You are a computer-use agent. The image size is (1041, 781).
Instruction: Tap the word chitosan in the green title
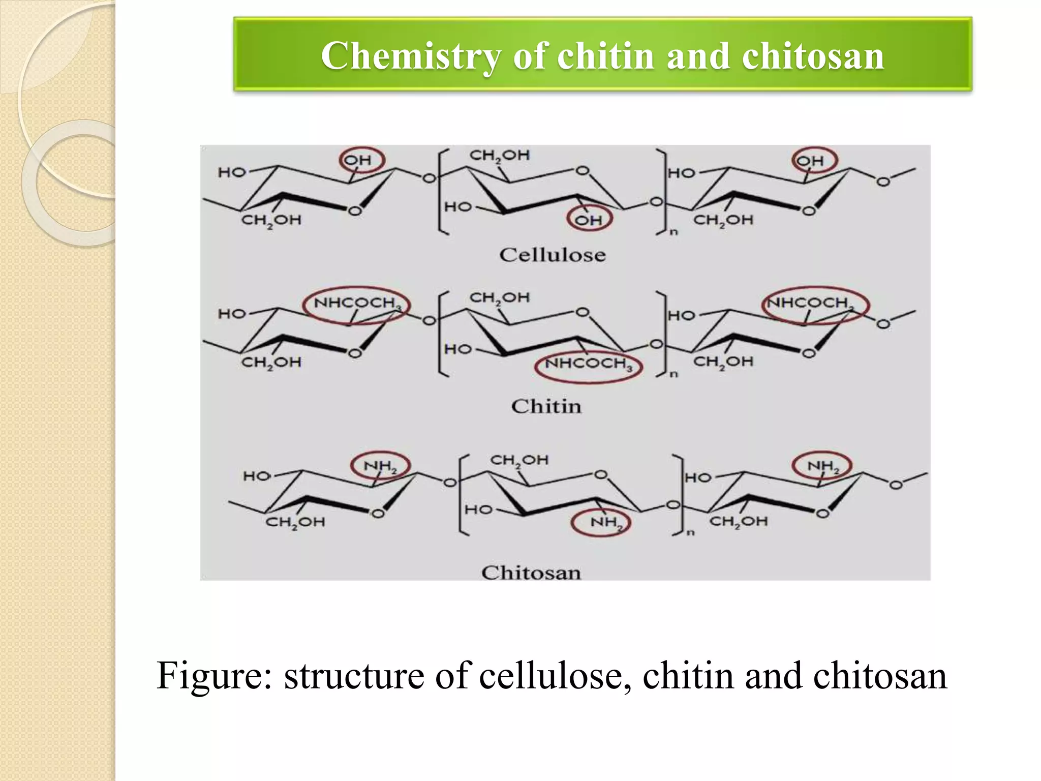coord(813,56)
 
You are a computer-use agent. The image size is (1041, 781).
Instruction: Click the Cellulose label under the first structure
coord(553,255)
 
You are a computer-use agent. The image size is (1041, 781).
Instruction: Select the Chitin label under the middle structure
coord(546,406)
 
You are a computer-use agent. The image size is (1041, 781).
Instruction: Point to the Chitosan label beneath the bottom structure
coord(531,573)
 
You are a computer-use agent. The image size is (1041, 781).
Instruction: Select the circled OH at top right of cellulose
coord(814,161)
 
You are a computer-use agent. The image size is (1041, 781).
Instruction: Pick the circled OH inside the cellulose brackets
coord(589,220)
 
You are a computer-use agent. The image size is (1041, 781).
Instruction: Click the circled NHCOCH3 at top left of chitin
coord(356,304)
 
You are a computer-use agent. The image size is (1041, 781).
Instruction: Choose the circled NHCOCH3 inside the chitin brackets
coord(588,364)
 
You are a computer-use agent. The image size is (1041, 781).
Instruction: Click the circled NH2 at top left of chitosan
coord(380,466)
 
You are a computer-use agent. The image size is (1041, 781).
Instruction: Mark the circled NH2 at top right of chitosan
coord(822,466)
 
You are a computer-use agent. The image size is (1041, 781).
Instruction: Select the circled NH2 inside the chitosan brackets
coord(601,522)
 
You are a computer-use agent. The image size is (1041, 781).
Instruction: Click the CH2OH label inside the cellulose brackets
coord(499,156)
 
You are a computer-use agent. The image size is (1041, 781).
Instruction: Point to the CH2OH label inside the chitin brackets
coord(499,297)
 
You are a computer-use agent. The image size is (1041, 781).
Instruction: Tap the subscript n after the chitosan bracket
coord(691,533)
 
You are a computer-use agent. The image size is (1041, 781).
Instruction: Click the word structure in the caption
coord(354,676)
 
